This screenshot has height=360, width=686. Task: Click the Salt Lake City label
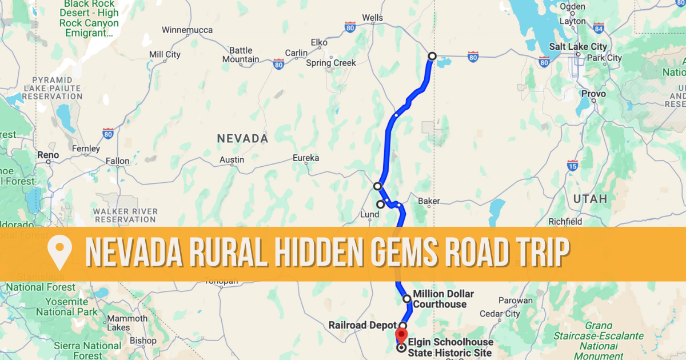click(577, 46)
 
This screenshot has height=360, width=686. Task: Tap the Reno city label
click(47, 155)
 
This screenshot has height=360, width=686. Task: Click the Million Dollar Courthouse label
click(443, 299)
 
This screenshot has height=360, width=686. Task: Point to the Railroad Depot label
click(362, 326)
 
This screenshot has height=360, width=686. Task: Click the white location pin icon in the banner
click(60, 253)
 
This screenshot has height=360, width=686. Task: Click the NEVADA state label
click(242, 138)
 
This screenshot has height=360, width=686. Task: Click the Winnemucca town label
click(187, 30)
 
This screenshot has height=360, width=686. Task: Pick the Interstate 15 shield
click(572, 166)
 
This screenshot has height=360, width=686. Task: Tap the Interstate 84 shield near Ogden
click(599, 27)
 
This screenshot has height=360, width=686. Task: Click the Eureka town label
click(305, 158)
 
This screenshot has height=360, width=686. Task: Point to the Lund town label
click(369, 215)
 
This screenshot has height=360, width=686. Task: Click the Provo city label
click(593, 93)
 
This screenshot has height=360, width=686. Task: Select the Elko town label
click(318, 42)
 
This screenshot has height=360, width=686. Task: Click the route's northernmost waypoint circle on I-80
click(432, 56)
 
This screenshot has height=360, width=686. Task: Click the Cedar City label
click(500, 314)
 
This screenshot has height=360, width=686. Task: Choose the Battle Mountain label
click(241, 55)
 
